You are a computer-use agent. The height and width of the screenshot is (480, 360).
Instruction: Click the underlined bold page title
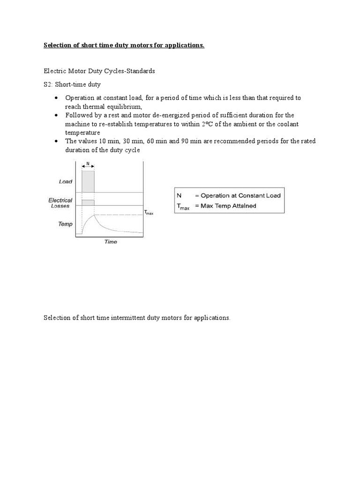point(124,45)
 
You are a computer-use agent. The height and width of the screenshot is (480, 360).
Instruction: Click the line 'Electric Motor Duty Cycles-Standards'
point(99,71)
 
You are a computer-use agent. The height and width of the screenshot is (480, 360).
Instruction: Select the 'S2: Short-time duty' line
point(72,84)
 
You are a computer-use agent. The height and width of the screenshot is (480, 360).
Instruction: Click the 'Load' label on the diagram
point(66,181)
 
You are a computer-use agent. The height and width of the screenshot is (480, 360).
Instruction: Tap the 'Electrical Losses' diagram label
point(60,203)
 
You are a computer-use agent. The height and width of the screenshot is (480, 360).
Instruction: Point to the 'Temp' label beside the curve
point(65,224)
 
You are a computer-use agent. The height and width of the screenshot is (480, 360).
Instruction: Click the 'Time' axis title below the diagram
point(110,242)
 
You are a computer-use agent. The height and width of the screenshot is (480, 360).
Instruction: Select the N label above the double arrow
point(88,164)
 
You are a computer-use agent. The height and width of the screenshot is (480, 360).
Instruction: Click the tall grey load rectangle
point(88,181)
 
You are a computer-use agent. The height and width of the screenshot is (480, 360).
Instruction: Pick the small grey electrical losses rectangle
point(88,202)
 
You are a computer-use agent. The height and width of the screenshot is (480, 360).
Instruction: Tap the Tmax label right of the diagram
point(148,213)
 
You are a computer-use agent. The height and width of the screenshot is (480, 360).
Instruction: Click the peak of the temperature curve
point(94,215)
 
